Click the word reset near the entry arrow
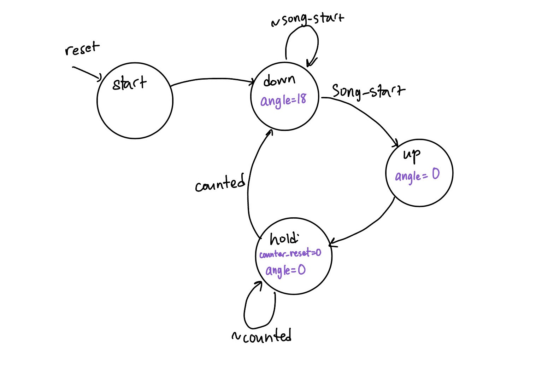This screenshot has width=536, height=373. tap(82, 49)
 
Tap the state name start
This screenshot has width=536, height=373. tap(129, 84)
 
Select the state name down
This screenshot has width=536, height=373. tap(279, 80)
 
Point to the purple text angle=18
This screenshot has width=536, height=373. tap(283, 100)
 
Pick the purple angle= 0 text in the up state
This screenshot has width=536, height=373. tap(417, 175)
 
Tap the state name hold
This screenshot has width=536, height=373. tap(284, 239)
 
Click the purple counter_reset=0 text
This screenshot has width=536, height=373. tap(290, 253)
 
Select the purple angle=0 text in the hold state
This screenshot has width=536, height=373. tap(285, 270)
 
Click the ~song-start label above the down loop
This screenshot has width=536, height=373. tap(307, 19)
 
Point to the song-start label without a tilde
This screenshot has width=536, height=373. tap(368, 91)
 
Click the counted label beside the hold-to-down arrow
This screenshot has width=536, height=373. tap(220, 183)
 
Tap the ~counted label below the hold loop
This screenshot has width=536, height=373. tap(261, 336)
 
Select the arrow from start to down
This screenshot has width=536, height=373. tap(212, 79)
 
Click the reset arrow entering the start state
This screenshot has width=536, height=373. tap(87, 73)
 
